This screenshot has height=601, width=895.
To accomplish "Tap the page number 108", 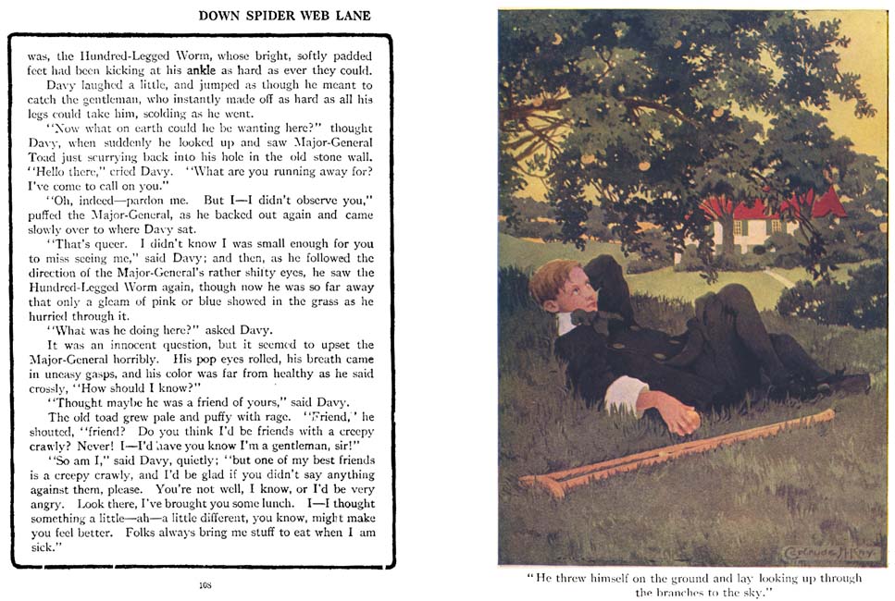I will (205, 584).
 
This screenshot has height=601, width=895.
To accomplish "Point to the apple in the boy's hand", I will (690, 423).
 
